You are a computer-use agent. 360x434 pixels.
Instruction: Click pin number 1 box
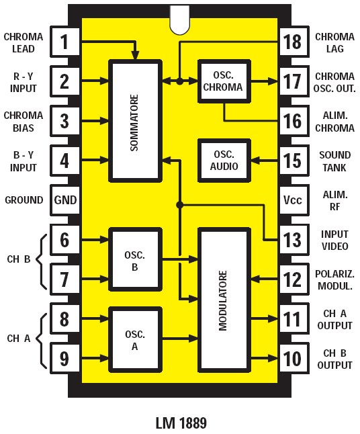64,42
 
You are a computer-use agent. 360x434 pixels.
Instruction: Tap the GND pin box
65,200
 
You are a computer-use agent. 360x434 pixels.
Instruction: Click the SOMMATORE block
135,122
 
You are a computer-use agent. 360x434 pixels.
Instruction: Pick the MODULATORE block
224,300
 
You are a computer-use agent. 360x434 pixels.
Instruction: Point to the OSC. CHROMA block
224,81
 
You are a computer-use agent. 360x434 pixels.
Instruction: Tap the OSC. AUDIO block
224,160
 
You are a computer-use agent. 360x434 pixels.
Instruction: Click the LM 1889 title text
181,423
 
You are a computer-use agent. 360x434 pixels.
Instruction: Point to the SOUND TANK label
334,161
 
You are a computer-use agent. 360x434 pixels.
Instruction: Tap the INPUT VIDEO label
334,239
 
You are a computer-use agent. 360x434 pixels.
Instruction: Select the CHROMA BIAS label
24,121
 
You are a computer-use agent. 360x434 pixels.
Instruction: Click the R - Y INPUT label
24,82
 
